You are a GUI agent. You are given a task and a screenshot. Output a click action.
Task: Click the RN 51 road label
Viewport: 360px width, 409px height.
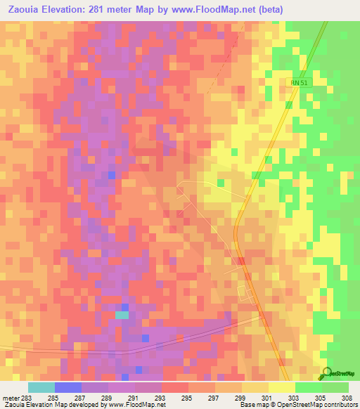click(x=300, y=82)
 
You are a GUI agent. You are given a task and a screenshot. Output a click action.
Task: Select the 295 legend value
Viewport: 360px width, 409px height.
click(x=186, y=398)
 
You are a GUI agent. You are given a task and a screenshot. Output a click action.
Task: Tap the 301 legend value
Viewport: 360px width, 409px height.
click(x=266, y=398)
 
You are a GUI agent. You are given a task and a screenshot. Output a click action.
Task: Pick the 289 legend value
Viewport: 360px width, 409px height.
click(x=105, y=398)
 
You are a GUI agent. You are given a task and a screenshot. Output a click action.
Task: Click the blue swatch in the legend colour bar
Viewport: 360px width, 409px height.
click(x=67, y=387)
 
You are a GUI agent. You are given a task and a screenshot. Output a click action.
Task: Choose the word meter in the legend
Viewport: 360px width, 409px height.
click(x=8, y=398)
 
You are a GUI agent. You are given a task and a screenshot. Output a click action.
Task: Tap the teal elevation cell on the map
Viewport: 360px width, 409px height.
click(x=122, y=316)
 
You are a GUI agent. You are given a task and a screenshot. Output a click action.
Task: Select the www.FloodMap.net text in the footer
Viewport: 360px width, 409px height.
click(x=136, y=405)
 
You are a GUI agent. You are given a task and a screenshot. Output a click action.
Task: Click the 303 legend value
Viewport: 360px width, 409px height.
click(x=292, y=398)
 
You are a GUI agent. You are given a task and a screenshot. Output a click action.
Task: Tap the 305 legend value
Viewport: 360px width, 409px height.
click(x=319, y=398)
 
